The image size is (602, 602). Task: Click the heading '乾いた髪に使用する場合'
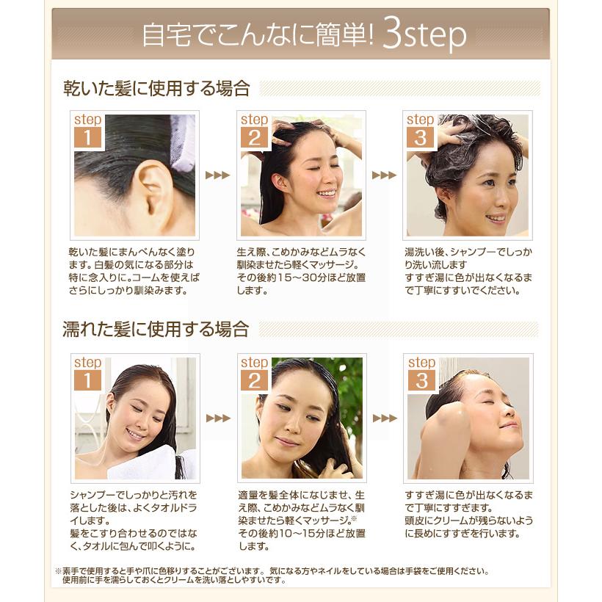coord(156,90)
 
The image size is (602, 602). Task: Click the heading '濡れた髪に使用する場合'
coord(156,329)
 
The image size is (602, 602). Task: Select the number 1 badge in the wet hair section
coord(87,380)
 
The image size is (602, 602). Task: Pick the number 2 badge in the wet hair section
coord(255,380)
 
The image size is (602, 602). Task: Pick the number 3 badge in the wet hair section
coord(421,380)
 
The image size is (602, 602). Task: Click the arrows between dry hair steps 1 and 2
coord(217,175)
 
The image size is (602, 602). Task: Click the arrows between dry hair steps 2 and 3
coord(384,175)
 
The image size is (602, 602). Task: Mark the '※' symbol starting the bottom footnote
coord(58,570)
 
